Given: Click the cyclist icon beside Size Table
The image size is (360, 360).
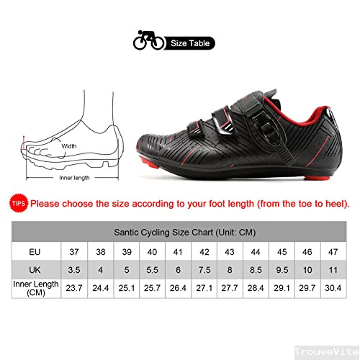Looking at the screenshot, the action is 149,40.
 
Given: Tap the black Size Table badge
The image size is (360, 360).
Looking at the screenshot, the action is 189,43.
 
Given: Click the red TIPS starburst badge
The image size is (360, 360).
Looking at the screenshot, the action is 19,204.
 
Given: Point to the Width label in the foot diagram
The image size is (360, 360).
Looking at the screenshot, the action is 69,146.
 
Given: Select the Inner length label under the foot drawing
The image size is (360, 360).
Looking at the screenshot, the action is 74,178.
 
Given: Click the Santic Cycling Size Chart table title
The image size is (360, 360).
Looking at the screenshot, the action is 184,232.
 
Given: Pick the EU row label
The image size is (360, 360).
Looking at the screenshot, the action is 35,252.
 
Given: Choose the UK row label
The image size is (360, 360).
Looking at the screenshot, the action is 35,270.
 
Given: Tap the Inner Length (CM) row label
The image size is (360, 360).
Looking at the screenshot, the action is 36,288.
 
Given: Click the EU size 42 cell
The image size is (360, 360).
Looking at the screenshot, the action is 204,251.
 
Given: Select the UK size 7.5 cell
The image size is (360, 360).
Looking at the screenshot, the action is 204,270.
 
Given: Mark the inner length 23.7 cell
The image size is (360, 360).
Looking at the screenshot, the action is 74,288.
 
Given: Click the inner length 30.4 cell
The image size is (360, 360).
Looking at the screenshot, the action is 333,288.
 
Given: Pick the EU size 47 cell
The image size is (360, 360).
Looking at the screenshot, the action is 333,251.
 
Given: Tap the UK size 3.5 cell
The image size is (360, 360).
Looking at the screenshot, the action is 74,270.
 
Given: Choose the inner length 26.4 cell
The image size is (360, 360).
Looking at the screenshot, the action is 178,288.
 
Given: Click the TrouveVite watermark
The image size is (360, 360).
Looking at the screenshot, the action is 327,352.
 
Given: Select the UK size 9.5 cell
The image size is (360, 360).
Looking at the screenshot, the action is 282,270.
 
